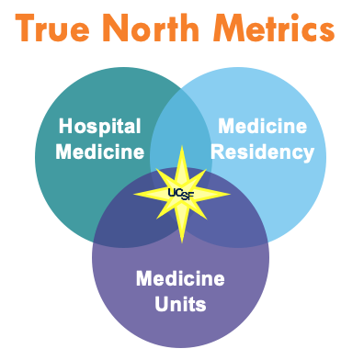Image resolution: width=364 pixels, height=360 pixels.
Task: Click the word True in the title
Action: click(x=52, y=28)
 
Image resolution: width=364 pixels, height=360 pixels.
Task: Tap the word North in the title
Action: click(x=151, y=28)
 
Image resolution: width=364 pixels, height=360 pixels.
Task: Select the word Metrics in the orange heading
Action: click(x=274, y=28)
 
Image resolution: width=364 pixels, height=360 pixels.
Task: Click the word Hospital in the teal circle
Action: click(x=100, y=127)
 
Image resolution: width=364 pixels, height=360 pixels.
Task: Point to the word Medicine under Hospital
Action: click(x=100, y=152)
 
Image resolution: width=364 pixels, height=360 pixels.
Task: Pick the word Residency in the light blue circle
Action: click(x=263, y=153)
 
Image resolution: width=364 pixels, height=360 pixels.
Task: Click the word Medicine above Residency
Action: click(x=263, y=126)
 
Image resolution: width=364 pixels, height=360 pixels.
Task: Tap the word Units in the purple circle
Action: click(x=180, y=304)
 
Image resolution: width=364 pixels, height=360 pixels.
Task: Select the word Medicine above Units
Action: click(x=180, y=278)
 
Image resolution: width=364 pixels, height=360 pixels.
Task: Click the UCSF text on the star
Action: click(x=181, y=194)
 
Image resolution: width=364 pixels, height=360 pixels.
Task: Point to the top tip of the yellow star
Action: click(x=182, y=146)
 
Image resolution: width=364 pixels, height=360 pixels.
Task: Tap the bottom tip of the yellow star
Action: click(x=182, y=242)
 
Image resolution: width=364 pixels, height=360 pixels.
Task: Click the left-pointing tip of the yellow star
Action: click(x=134, y=194)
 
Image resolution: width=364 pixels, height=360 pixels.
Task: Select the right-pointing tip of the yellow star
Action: click(x=230, y=194)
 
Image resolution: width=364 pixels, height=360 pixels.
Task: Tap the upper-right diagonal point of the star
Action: click(x=206, y=170)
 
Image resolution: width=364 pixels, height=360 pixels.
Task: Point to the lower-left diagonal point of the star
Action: click(x=157, y=219)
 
